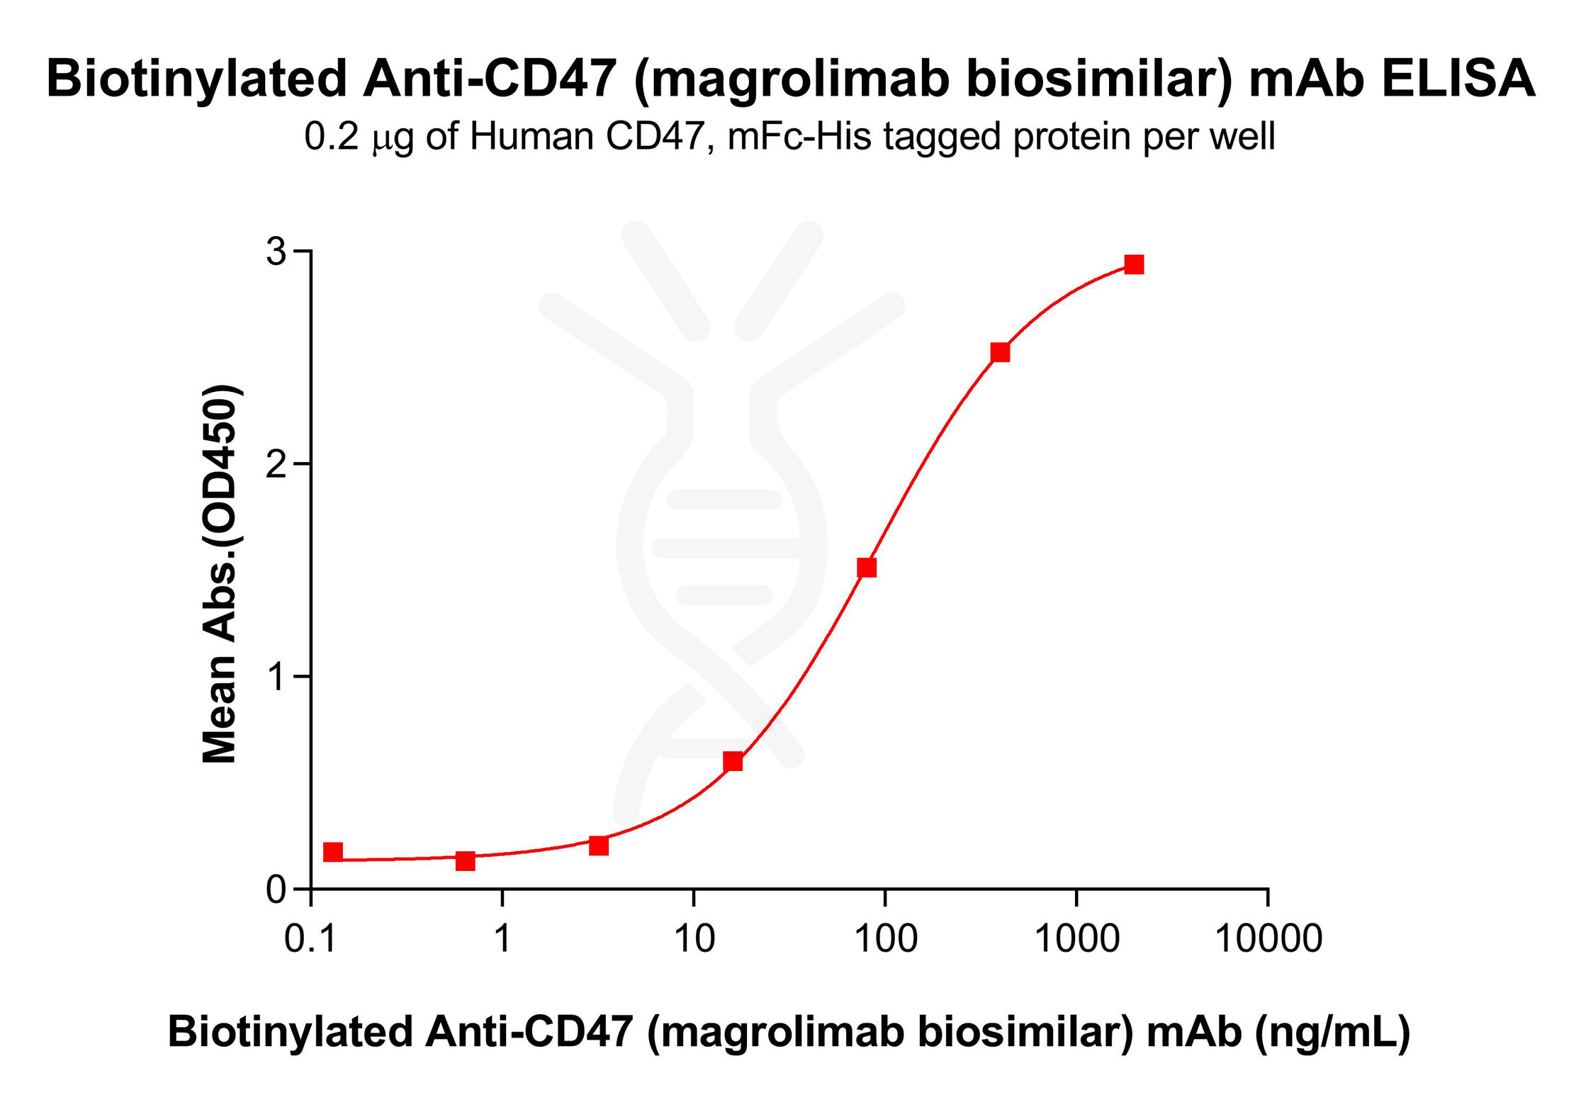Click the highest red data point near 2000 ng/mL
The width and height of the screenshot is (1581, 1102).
pyautogui.click(x=1134, y=264)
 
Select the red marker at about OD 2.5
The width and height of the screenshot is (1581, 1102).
pyautogui.click(x=1000, y=352)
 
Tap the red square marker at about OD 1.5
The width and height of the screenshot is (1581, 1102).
pyautogui.click(x=867, y=568)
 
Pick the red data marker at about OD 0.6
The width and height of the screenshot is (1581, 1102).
pyautogui.click(x=733, y=762)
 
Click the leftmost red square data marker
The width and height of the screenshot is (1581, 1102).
pyautogui.click(x=333, y=852)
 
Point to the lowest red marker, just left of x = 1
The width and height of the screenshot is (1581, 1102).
pyautogui.click(x=465, y=861)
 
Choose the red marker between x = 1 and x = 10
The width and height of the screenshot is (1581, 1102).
pyautogui.click(x=599, y=845)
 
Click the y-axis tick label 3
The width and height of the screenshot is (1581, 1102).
pyautogui.click(x=276, y=252)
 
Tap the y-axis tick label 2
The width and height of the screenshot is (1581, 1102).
pyautogui.click(x=276, y=464)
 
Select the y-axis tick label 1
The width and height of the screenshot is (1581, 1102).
pyautogui.click(x=277, y=677)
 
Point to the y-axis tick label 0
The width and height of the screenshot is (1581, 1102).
pyautogui.click(x=276, y=889)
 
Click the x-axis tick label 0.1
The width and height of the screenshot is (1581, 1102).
pyautogui.click(x=310, y=939)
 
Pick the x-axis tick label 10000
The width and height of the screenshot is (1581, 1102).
pyautogui.click(x=1268, y=939)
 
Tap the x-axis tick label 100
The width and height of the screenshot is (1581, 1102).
pyautogui.click(x=885, y=939)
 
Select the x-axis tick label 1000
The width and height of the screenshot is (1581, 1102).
pyautogui.click(x=1076, y=939)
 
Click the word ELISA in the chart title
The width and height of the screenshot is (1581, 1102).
pyautogui.click(x=1458, y=78)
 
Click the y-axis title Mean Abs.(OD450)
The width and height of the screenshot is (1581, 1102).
pyautogui.click(x=220, y=574)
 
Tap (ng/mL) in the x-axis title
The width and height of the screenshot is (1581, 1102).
pyautogui.click(x=1332, y=1033)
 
